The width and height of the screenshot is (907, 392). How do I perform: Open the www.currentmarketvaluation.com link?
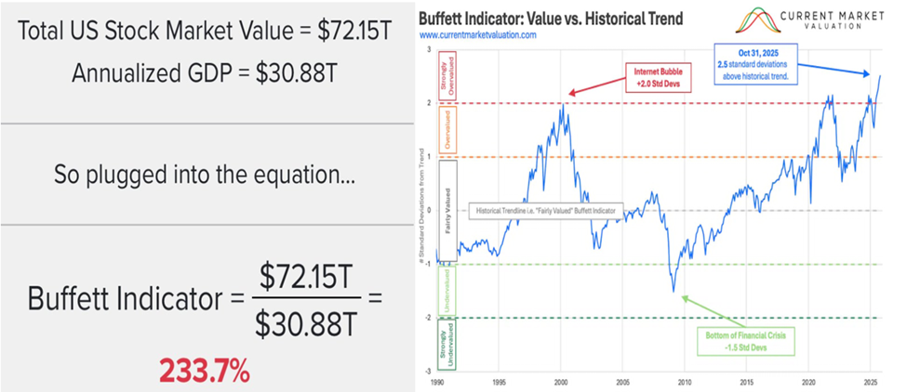(x=490, y=34)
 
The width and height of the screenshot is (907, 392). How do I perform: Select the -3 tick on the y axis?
(x=430, y=372)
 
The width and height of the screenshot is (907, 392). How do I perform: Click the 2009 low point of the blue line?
(x=674, y=291)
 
